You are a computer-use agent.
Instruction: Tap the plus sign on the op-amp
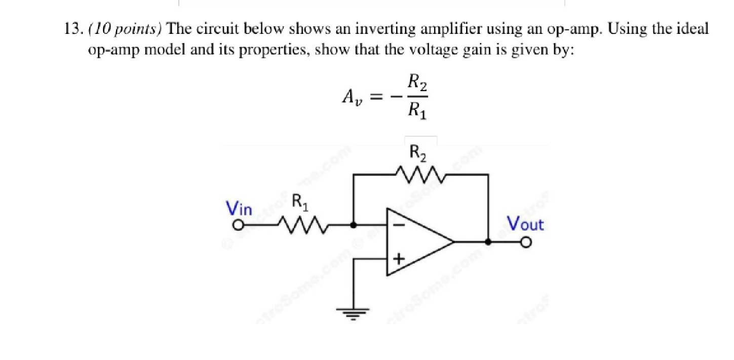[399, 259]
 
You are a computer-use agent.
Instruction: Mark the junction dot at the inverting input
[353, 223]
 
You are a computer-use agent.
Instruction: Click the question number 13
[72, 29]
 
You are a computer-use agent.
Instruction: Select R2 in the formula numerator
[417, 82]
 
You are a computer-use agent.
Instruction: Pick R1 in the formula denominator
[417, 109]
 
